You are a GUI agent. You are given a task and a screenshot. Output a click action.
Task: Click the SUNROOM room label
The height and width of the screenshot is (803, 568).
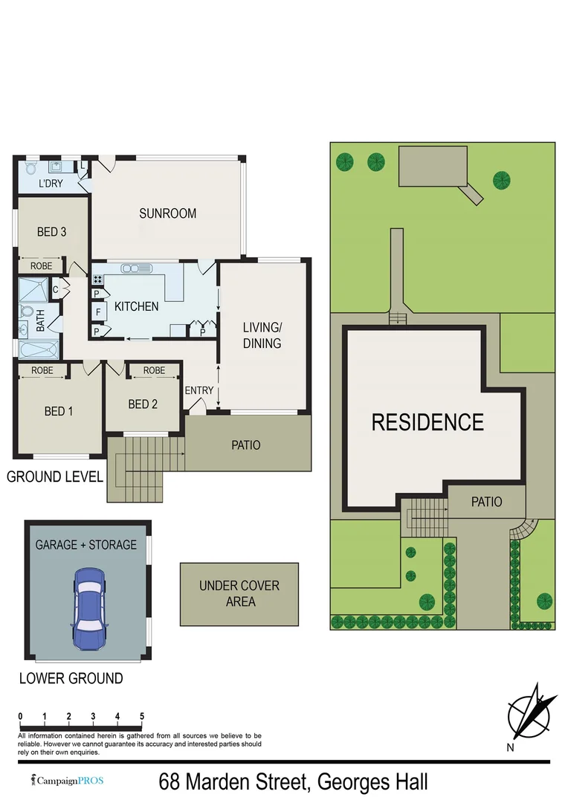point(168,213)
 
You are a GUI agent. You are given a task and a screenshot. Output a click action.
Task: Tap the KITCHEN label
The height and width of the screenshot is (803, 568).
point(136,306)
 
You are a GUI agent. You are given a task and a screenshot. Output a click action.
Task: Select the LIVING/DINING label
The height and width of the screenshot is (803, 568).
point(262,335)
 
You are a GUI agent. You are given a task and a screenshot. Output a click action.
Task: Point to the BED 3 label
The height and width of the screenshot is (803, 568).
point(52,232)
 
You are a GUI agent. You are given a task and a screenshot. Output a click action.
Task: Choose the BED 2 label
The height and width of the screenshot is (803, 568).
point(143,404)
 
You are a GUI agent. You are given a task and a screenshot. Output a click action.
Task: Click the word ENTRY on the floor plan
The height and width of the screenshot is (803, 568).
point(199,390)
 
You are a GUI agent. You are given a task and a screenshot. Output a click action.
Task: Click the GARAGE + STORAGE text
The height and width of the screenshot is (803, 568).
point(86,545)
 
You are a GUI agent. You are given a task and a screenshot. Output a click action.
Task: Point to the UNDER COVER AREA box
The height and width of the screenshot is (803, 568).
point(239,593)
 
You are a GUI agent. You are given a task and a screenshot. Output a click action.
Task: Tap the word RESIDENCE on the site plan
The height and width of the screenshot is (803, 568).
point(427,422)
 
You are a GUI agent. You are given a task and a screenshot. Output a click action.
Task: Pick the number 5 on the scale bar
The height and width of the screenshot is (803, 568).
point(141,717)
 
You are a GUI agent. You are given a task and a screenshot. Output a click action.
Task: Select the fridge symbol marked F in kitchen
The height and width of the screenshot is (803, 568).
point(97,311)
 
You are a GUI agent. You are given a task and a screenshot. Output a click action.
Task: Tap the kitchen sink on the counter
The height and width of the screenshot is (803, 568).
point(137,268)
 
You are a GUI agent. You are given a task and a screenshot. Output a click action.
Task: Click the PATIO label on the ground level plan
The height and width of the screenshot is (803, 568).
point(246,445)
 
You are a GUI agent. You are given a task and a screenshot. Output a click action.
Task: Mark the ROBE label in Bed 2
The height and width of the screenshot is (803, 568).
point(154,370)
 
